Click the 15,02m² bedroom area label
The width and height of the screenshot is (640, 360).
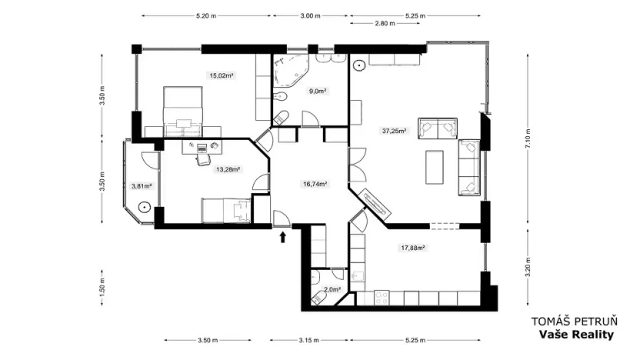pos(222,75)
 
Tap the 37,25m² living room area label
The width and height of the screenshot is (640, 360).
pos(394,131)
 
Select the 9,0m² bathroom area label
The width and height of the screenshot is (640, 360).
pos(318,91)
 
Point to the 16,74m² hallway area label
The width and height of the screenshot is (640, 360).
pos(315,184)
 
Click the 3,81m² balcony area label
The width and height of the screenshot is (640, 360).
pos(142,186)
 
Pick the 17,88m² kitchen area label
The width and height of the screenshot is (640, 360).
pos(413,248)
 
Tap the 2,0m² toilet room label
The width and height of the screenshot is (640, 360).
pos(332,289)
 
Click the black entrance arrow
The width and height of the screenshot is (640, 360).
pos(283,237)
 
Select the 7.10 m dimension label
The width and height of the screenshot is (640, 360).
pos(528,139)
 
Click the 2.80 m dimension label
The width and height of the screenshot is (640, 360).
pos(385,23)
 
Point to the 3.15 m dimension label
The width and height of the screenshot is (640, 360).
pos(309,340)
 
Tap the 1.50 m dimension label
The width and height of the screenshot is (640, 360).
pos(102,286)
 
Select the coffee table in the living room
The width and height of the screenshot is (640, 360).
pos(435,167)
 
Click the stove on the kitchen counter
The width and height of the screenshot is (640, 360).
pos(382,298)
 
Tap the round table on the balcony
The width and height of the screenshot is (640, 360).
pos(145,207)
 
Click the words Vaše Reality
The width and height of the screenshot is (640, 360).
pos(576,335)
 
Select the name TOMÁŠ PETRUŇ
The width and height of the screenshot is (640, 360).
pos(575,322)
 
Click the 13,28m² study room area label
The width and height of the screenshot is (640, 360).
pos(228,169)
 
